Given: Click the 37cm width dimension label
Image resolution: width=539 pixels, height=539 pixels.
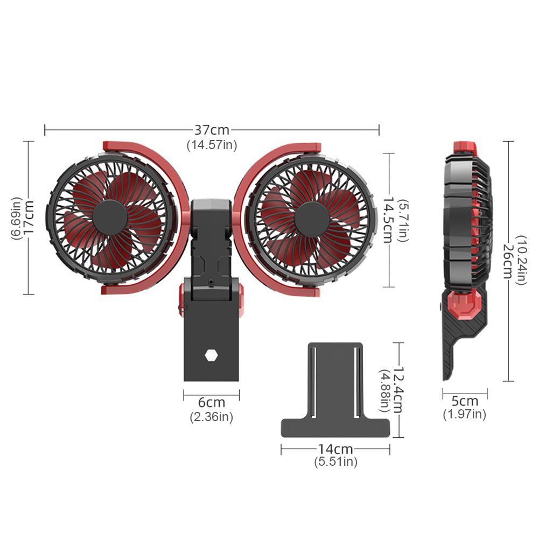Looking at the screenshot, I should coord(212,130).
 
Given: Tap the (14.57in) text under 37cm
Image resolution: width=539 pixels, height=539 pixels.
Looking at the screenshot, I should coord(212,144).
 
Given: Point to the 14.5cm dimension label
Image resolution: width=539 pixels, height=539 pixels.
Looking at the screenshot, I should coord(387,219).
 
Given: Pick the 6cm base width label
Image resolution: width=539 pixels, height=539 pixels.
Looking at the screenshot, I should coord(211,402).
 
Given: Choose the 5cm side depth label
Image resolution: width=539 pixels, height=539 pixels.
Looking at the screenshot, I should coord(465,401).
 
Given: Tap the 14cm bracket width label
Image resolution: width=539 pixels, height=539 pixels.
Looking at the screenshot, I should coord(335,449).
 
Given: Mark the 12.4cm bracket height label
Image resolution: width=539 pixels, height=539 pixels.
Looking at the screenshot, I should coord(398,390).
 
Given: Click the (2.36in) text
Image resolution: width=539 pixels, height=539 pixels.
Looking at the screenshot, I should coord(211,417).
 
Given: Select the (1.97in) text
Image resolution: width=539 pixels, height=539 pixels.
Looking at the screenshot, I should coord(465,415).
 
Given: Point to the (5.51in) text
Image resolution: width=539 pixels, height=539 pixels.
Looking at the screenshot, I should coord(335,461).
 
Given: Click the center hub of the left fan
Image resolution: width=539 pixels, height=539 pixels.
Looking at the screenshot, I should coord(110,217).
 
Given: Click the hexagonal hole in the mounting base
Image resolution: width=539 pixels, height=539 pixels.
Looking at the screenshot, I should coord(211,355).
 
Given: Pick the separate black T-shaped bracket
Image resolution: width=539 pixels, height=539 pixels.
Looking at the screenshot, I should coord(335,393).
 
